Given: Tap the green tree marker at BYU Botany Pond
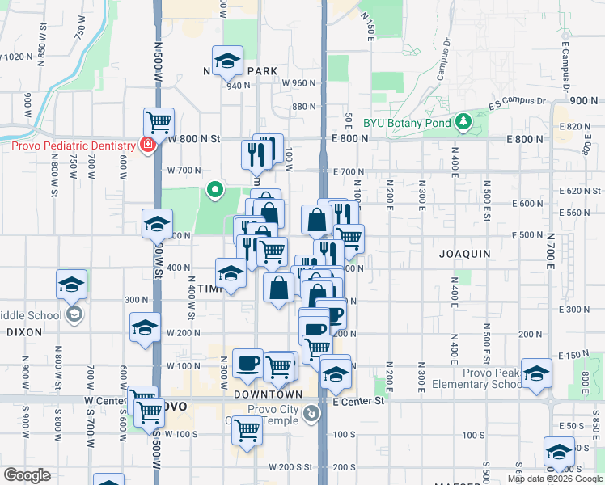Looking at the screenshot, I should (x=463, y=122).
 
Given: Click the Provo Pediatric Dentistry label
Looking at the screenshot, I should (x=73, y=145).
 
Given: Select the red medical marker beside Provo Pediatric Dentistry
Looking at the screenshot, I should (x=147, y=145).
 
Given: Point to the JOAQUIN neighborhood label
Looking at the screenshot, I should (x=465, y=253).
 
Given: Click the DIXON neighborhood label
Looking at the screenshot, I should (x=24, y=331).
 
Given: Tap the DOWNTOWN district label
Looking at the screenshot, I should (x=268, y=394).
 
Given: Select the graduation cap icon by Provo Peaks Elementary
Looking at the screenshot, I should (x=536, y=373).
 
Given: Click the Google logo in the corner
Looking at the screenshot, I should (x=27, y=474).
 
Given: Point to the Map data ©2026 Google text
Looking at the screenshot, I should (x=555, y=479).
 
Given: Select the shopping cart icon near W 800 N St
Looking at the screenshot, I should (x=159, y=123).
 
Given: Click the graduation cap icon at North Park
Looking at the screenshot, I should (x=227, y=60).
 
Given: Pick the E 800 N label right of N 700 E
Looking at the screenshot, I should (x=577, y=139).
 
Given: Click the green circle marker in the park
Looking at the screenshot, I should (x=214, y=191).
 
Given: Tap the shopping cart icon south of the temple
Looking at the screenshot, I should (x=247, y=430).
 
